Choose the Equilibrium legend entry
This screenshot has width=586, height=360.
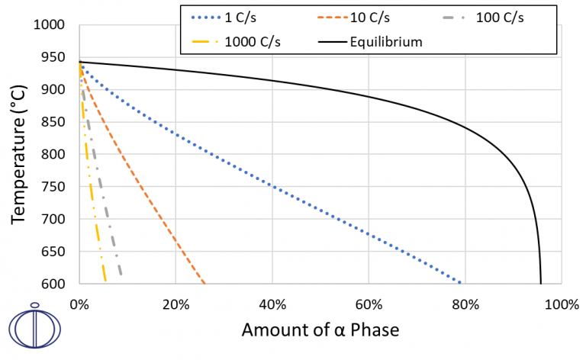(x=365, y=42)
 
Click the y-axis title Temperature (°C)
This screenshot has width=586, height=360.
(x=18, y=153)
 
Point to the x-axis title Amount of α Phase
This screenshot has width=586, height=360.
(x=320, y=330)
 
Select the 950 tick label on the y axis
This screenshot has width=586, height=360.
(x=55, y=57)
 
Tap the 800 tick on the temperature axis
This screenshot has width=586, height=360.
(x=55, y=155)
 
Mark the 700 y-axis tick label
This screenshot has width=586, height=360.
(x=55, y=220)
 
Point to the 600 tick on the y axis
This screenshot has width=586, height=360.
(x=55, y=284)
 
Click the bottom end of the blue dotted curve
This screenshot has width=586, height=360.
(x=461, y=282)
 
